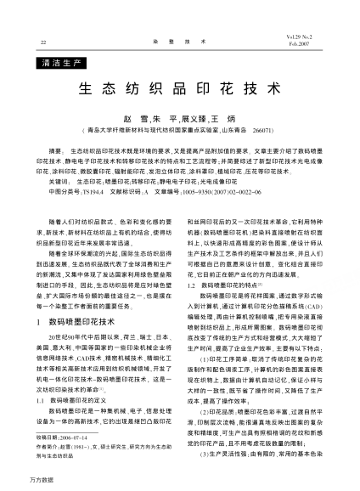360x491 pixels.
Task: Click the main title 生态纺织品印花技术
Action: coord(180,88)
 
